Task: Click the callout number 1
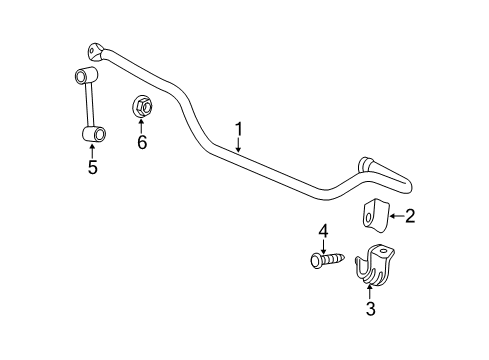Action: tap(239, 128)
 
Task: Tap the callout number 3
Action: tap(370, 311)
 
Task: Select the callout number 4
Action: tap(323, 232)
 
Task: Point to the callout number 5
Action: tap(92, 167)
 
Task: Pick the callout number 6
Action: tap(141, 142)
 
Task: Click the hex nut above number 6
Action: tap(140, 105)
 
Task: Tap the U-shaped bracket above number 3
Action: tap(372, 264)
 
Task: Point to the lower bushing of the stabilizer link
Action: tap(93, 132)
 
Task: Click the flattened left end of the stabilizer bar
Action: tap(97, 49)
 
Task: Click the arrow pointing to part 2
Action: tap(395, 214)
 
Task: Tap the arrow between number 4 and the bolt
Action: tap(323, 246)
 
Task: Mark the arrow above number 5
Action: tap(92, 151)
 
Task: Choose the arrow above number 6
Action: tap(141, 125)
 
